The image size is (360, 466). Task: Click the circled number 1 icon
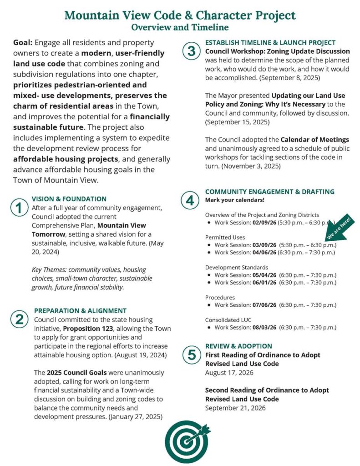[x=18, y=208]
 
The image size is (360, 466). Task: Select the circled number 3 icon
[x=191, y=51]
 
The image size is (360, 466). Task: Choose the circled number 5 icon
[x=191, y=355]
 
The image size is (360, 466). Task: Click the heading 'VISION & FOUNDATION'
[x=69, y=199]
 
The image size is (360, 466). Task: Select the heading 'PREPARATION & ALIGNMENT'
[x=80, y=311]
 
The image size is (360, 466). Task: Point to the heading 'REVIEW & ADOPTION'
[x=238, y=346]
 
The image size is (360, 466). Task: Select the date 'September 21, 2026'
[x=235, y=408]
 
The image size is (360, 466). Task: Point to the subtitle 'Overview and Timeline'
[x=180, y=27]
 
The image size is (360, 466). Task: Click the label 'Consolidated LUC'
[x=228, y=319]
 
